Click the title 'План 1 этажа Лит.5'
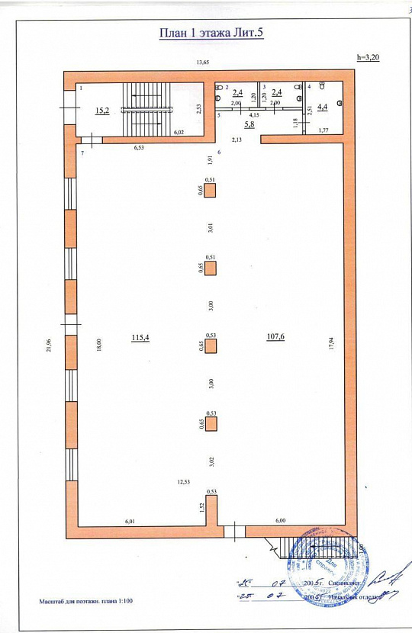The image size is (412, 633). click(x=211, y=33)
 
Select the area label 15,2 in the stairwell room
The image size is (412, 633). click(x=101, y=111)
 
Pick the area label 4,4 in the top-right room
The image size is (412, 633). click(x=322, y=107)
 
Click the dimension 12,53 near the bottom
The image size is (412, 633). click(x=183, y=481)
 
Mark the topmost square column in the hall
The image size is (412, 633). click(x=210, y=191)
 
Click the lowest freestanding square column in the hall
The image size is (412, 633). click(x=211, y=425)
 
